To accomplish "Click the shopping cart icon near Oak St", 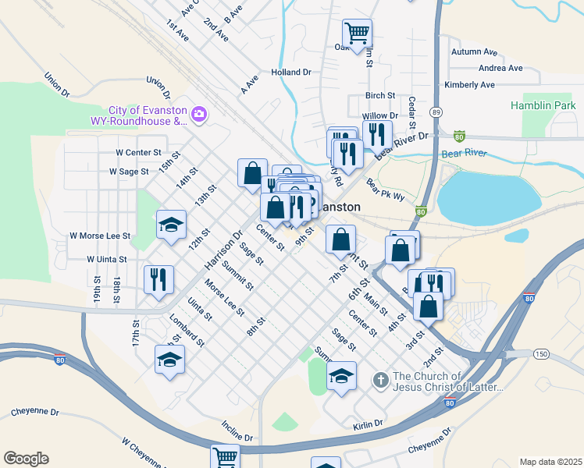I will [x=357, y=34].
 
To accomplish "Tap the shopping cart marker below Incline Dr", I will [x=225, y=457].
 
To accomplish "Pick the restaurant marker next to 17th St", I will [x=158, y=279].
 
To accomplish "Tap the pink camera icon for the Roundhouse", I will [x=198, y=115].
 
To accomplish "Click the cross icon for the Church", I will [x=380, y=381].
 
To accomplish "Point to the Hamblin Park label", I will [x=542, y=105].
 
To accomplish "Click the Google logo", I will [x=26, y=459].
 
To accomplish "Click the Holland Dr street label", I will [x=290, y=72].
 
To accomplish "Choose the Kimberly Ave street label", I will [x=469, y=84].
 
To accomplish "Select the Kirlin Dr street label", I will [x=367, y=424].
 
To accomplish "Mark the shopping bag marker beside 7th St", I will [x=340, y=239].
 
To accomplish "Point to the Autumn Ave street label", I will [x=474, y=52].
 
